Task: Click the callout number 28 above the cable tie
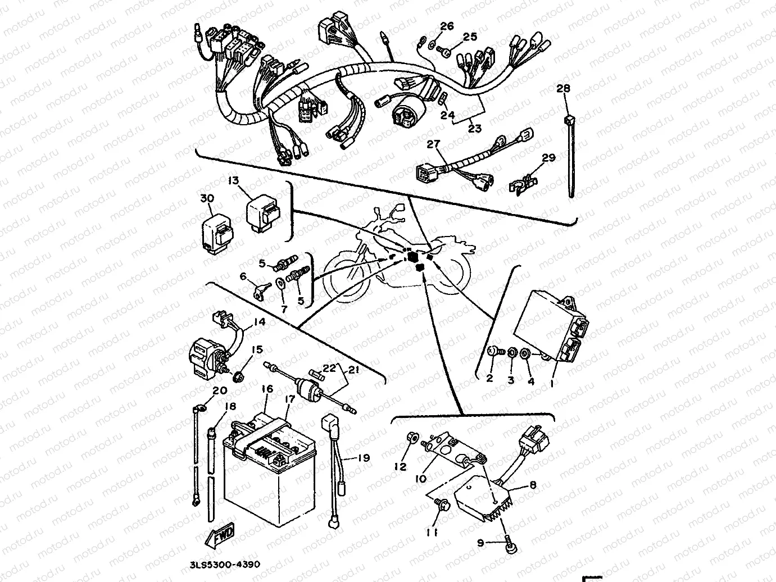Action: (x=563, y=88)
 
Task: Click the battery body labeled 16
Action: (x=264, y=472)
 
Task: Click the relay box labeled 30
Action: (x=217, y=234)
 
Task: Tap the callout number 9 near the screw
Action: (x=480, y=543)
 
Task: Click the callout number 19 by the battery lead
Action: (x=364, y=458)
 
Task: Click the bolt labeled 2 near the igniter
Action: (x=493, y=352)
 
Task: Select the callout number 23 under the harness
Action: (x=475, y=129)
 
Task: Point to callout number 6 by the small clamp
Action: (x=243, y=276)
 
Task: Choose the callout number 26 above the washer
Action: (x=446, y=26)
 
